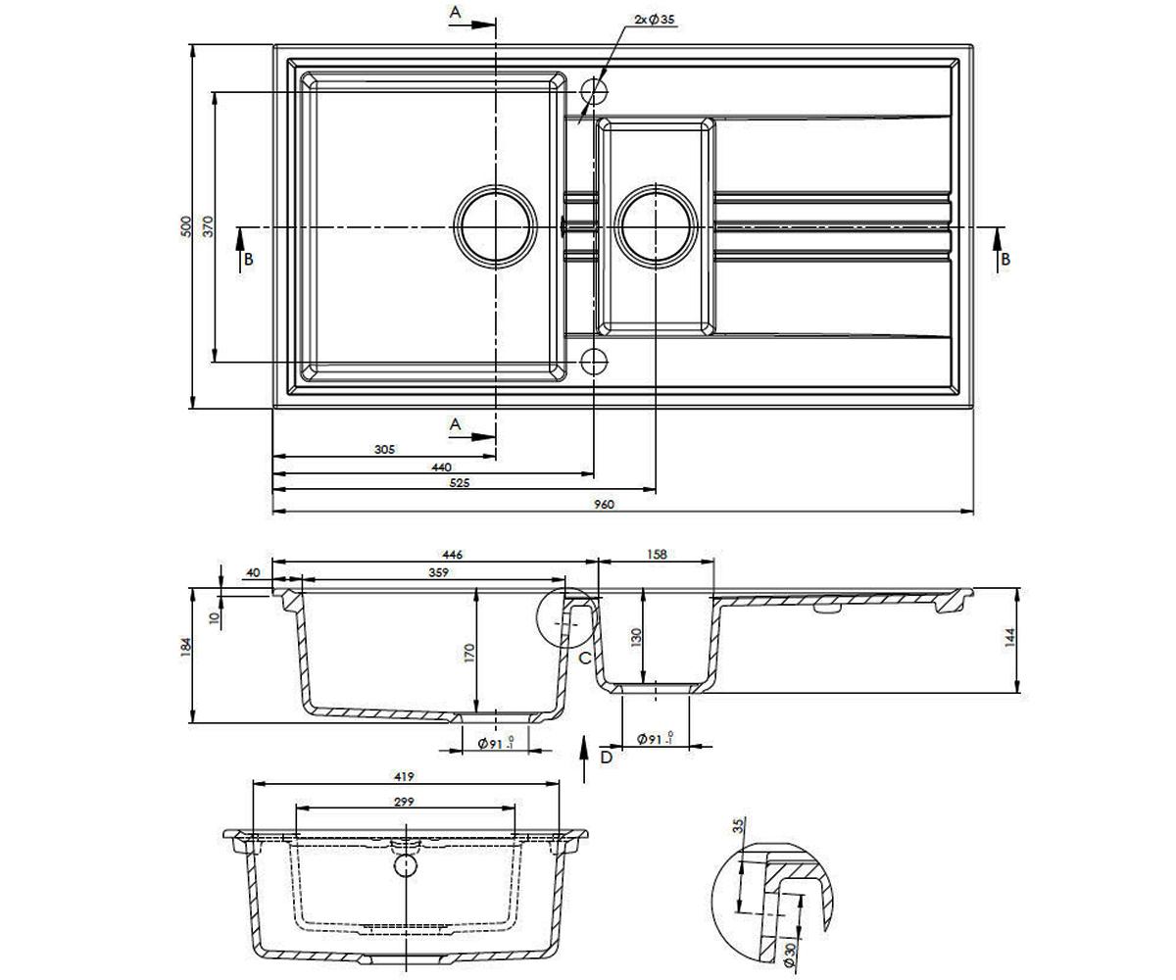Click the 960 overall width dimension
click(605, 505)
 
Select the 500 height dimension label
click(186, 226)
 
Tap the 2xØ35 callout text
click(655, 20)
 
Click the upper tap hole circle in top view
click(593, 91)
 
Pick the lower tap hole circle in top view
click(593, 362)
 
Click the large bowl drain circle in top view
click(496, 226)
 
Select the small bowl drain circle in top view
click(656, 226)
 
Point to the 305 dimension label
click(385, 449)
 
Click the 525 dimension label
click(460, 483)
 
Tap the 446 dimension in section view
click(452, 555)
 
